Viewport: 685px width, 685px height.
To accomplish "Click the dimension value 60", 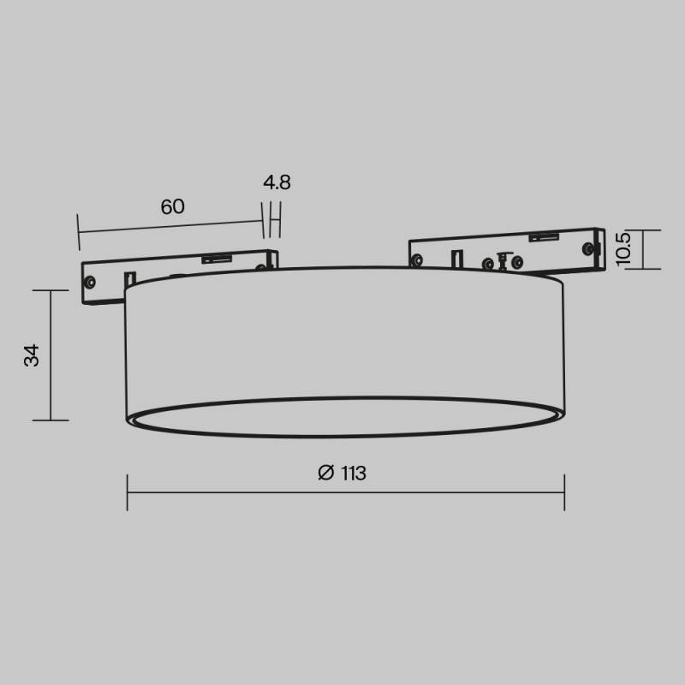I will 172,206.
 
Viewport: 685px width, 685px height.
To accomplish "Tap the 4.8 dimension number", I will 277,182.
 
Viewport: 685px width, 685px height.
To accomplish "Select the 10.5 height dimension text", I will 623,248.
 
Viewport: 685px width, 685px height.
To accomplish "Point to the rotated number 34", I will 32,355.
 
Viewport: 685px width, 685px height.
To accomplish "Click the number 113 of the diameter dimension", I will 352,474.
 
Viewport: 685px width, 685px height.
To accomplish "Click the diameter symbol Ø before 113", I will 325,474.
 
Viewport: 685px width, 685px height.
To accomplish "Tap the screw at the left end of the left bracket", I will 90,280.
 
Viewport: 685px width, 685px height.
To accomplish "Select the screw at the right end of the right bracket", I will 587,247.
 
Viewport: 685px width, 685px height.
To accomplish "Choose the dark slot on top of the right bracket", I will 545,237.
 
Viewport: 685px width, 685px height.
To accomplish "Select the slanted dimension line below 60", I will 171,226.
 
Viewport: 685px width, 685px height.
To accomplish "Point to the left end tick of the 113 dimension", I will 128,493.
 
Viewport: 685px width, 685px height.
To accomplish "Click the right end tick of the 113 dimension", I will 564,493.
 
